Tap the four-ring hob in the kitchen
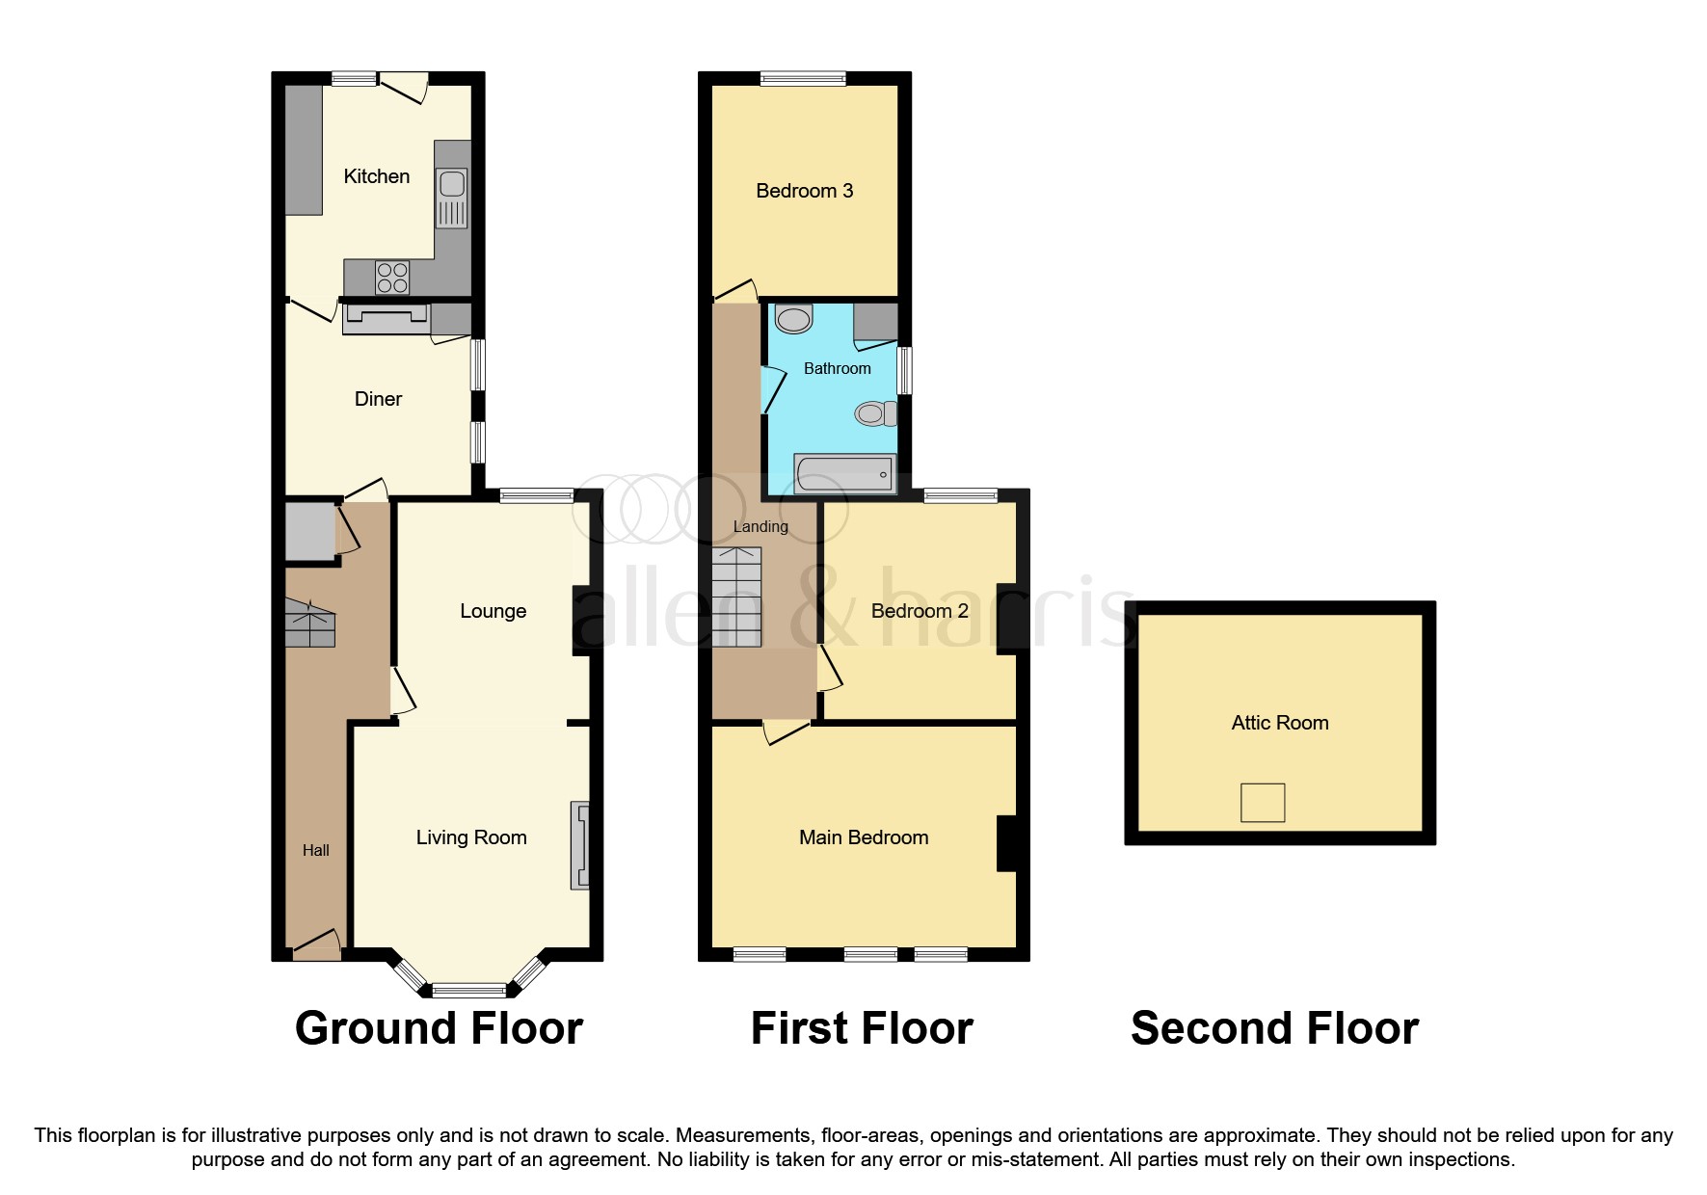click(392, 279)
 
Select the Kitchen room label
click(377, 176)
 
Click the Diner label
click(378, 399)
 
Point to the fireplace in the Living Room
click(580, 845)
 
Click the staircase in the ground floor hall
click(309, 624)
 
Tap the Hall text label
click(316, 850)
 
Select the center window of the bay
click(468, 989)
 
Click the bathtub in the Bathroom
click(844, 473)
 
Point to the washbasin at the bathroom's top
click(794, 318)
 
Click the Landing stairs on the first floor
click(736, 597)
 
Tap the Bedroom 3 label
click(805, 191)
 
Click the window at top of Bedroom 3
click(803, 78)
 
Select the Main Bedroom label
click(864, 837)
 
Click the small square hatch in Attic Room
click(1263, 802)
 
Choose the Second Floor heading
click(1274, 1028)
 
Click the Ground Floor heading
click(439, 1028)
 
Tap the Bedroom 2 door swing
click(830, 671)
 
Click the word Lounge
click(493, 611)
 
